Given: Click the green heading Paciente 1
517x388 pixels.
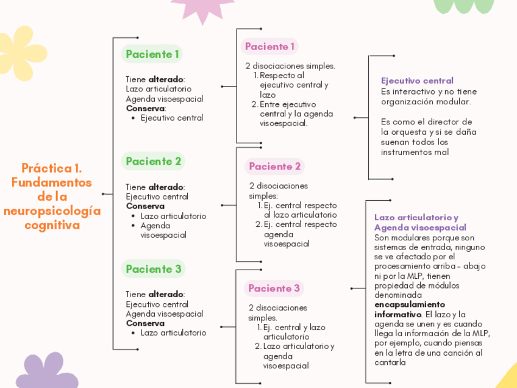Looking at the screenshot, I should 152,54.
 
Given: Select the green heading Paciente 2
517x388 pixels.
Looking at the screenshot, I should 154,162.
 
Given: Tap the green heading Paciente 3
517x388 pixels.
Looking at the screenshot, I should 154,269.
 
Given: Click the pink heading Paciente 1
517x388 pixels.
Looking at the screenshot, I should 269,46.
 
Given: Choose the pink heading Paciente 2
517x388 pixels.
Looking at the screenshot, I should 275,167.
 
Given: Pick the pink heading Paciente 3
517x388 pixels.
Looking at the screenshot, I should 274,289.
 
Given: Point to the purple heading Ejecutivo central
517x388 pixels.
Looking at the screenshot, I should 417,81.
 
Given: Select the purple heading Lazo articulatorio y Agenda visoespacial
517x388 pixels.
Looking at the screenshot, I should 420,222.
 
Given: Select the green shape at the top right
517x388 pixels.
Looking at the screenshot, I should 463,5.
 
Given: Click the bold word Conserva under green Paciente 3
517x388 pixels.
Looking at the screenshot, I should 145,323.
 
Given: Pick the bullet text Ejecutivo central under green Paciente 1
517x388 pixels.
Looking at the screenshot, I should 172,118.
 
